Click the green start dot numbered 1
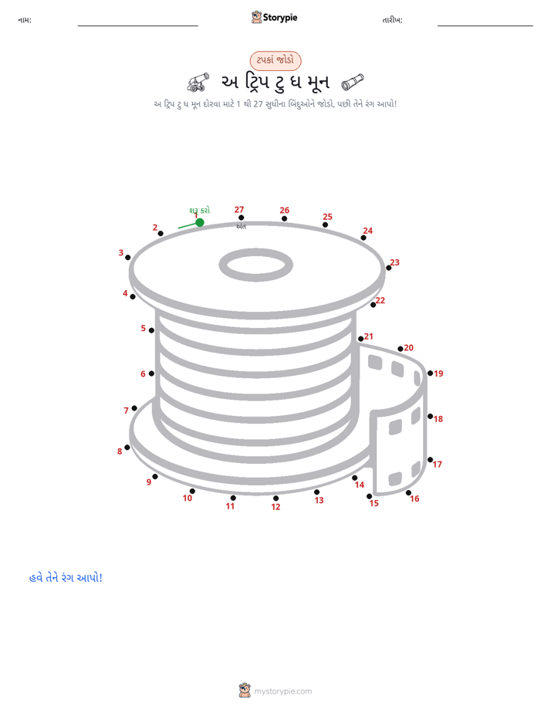(200, 222)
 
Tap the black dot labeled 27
(241, 218)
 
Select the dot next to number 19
(430, 373)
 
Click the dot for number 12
(275, 498)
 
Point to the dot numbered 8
(127, 448)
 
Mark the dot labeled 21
(360, 339)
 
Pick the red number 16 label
(414, 498)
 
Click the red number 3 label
(121, 252)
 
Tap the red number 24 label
(368, 231)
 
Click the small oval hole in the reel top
(256, 265)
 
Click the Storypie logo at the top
(274, 17)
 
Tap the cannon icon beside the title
(198, 82)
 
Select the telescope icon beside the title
(353, 82)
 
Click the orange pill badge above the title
(275, 60)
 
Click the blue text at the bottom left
(66, 577)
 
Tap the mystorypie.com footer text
(282, 691)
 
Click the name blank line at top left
(137, 25)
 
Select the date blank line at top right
(485, 25)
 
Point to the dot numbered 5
(151, 330)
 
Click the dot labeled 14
(355, 478)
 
